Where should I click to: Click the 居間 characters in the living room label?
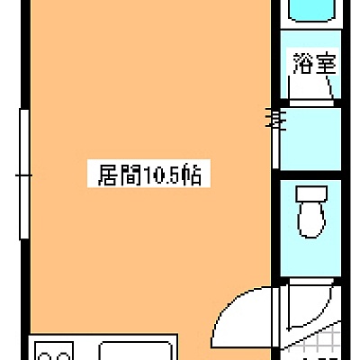120,175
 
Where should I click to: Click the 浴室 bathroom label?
314,64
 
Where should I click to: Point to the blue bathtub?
313,11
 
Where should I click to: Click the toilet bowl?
311,220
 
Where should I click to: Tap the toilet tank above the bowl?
311,193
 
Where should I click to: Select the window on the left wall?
24,175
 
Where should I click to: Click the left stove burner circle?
46,356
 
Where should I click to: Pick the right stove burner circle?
63,356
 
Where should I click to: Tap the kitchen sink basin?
135,351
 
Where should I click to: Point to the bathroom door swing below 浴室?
330,87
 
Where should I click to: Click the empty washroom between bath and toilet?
310,139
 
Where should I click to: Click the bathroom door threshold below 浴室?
311,103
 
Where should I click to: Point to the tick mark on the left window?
23,175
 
